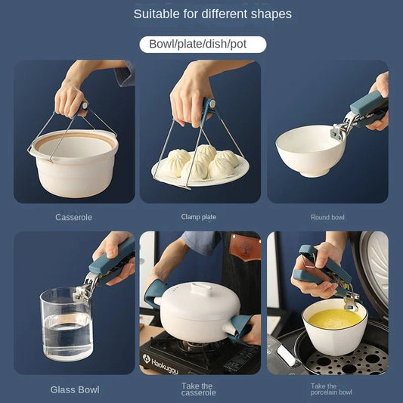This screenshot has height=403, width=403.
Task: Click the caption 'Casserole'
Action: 73,217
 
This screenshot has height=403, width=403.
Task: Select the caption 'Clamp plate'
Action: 199,217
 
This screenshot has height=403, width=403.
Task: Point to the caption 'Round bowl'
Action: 327,217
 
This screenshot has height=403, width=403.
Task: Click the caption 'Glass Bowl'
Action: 74,389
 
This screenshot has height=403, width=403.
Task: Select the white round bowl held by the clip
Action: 310,153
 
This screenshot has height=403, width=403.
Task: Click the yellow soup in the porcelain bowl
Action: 333,317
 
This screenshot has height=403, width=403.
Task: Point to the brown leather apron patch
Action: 246,247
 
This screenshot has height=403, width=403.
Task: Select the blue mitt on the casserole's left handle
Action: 154,290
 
